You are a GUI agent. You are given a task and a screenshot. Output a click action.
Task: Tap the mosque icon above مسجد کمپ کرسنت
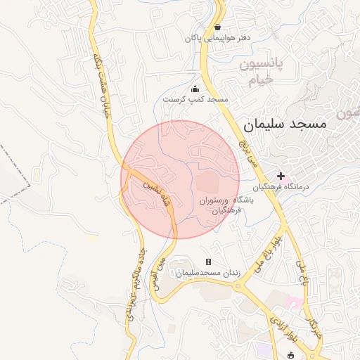point(195,89)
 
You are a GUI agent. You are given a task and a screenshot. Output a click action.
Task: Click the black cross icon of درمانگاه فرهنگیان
point(282,176)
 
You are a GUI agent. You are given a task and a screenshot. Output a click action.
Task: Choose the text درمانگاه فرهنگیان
point(304,188)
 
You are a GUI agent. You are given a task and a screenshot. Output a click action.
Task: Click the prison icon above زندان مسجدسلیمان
point(208,262)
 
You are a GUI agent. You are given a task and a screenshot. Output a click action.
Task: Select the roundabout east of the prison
point(242,285)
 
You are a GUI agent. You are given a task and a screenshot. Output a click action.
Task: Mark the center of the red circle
point(180,180)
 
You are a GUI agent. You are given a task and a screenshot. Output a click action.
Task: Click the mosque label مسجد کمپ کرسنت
point(195,100)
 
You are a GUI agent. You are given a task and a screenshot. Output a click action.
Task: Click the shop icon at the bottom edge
point(291,355)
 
